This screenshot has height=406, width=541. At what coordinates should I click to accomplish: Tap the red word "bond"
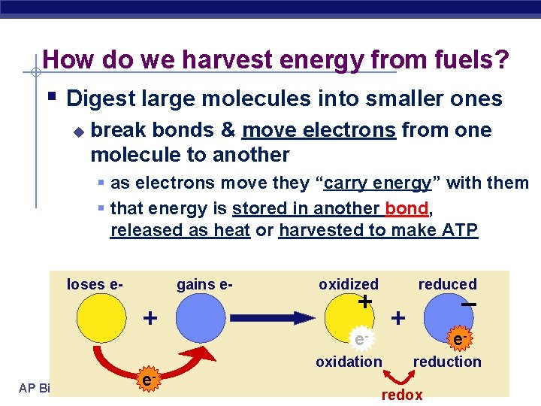407,208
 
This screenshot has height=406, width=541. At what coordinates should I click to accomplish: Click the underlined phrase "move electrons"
319,130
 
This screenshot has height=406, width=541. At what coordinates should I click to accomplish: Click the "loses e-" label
95,284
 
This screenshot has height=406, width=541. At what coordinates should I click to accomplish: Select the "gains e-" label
204,284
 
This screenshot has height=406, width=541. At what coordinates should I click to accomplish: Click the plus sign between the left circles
150,318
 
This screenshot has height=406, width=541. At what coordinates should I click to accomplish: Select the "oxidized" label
349,284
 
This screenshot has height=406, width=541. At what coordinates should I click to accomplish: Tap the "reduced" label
447,284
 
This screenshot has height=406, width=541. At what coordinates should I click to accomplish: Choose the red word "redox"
402,395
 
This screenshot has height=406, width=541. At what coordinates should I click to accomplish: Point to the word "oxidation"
349,362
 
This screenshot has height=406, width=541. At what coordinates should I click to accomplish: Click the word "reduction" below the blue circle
447,362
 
